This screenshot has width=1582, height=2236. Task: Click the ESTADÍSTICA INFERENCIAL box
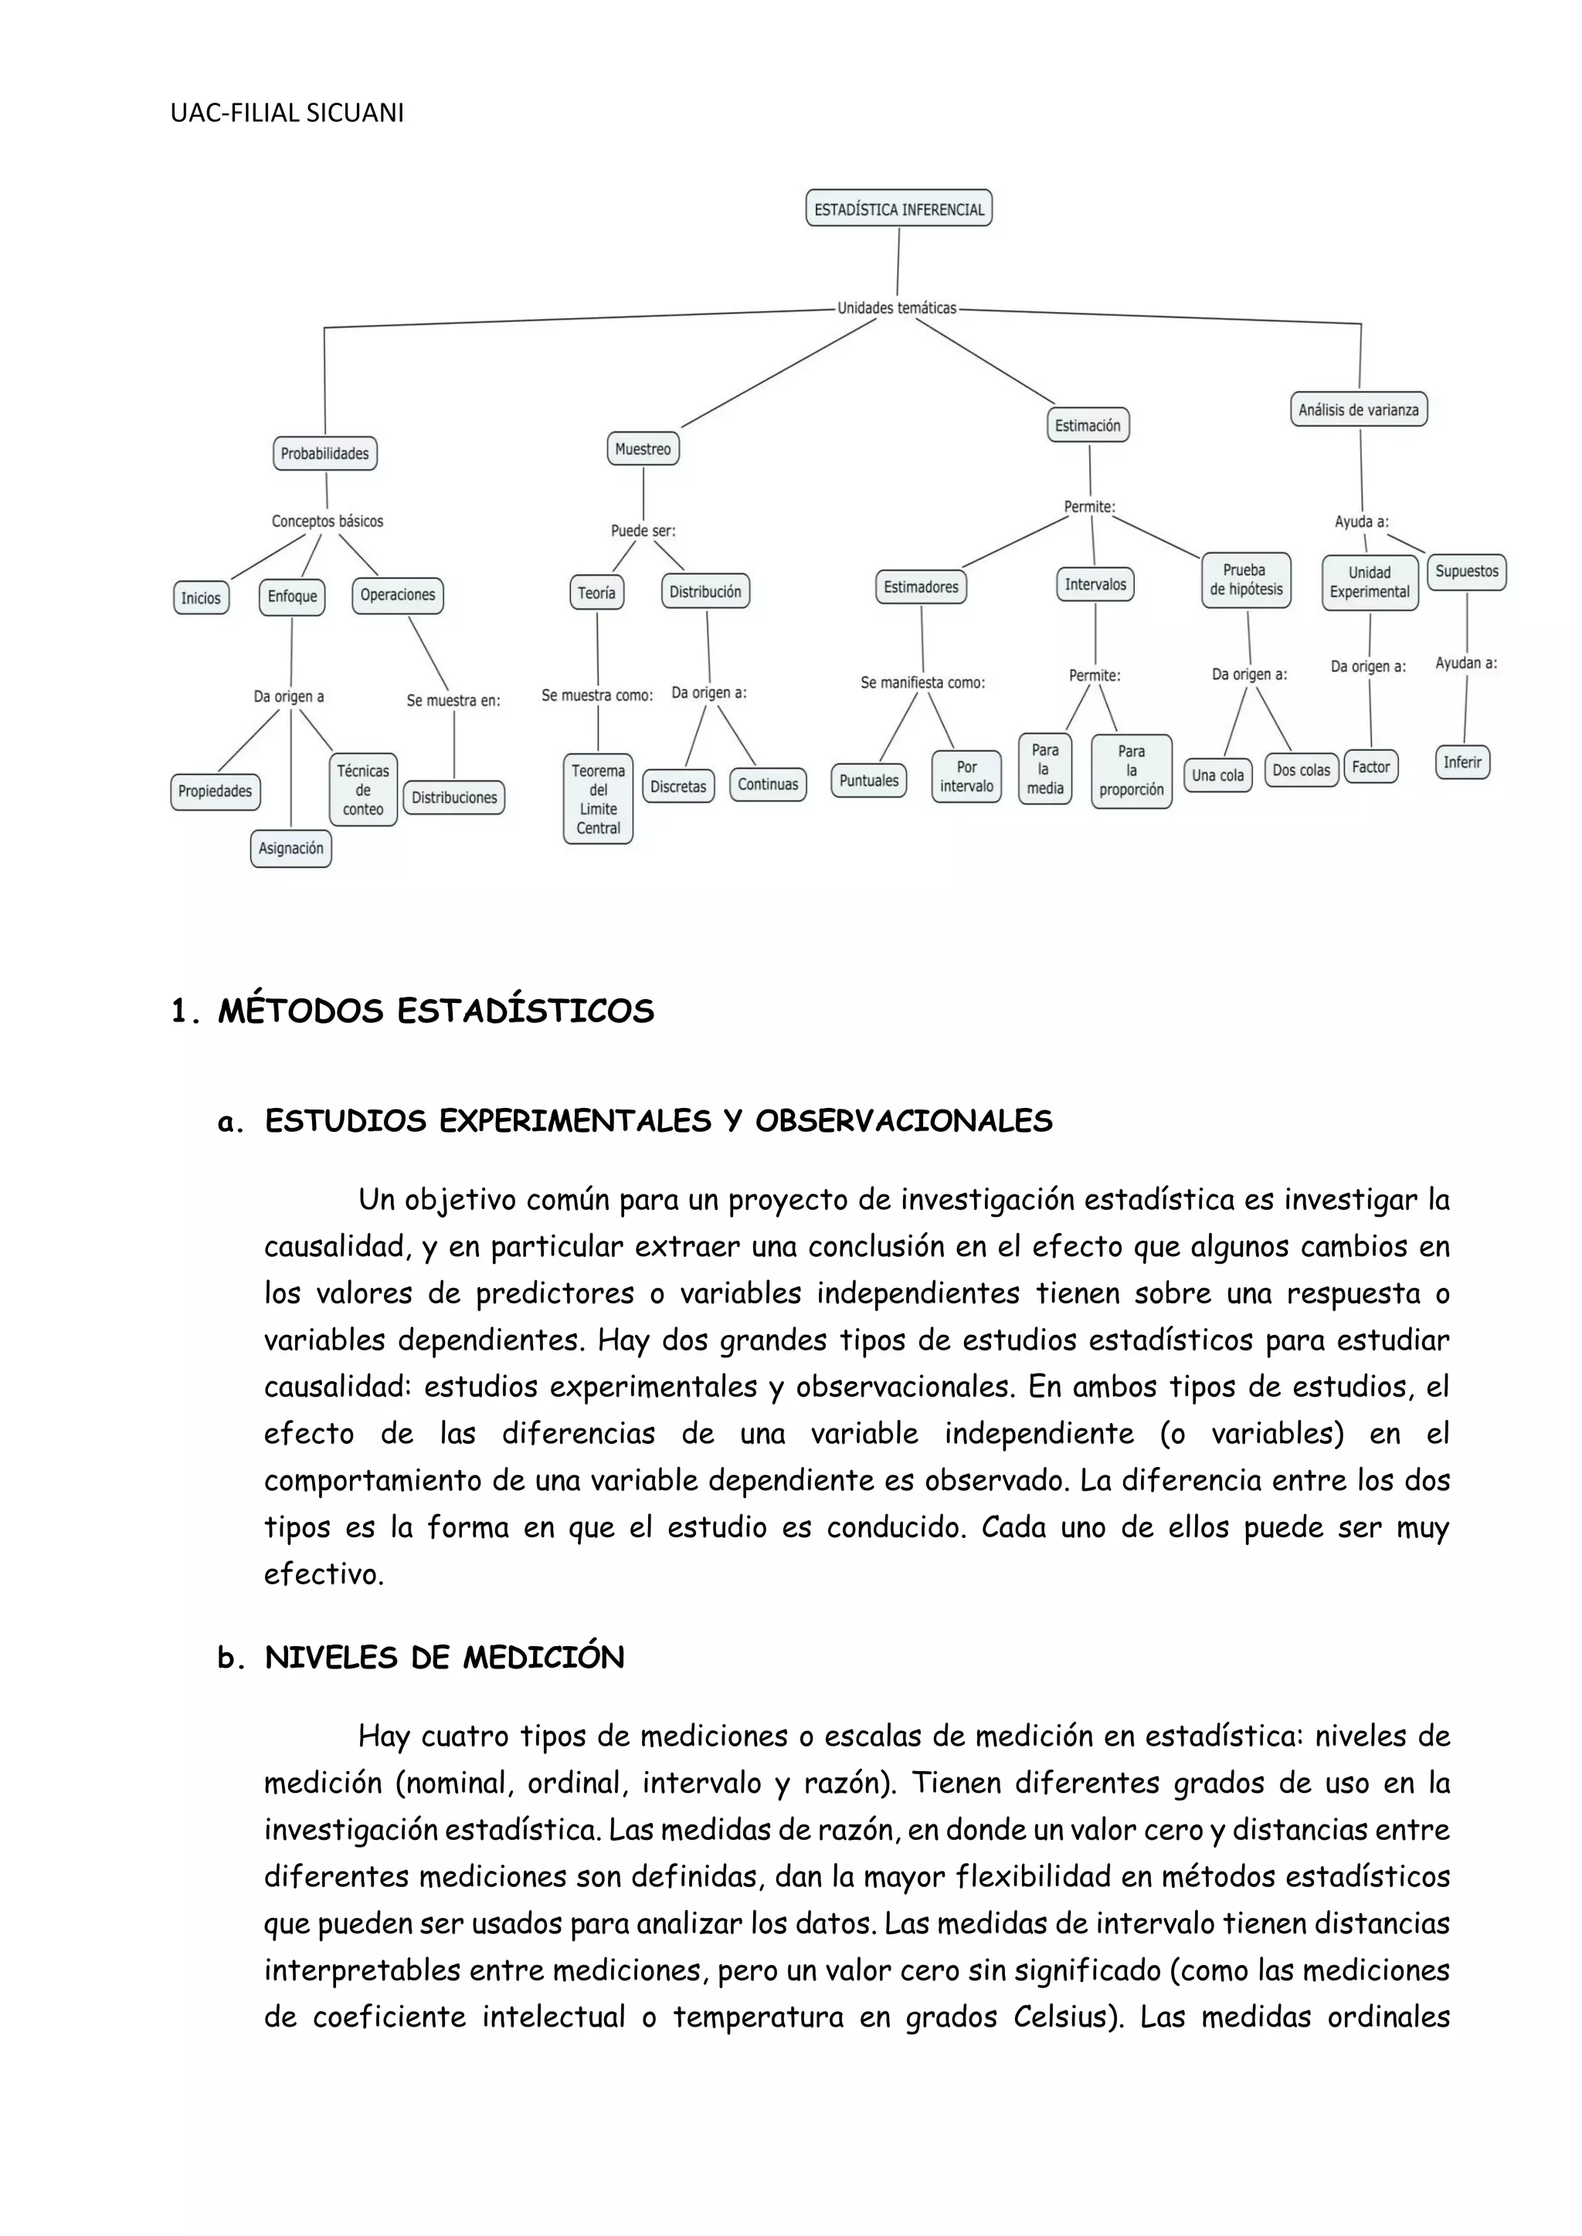[898, 208]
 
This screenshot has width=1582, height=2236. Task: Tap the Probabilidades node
[324, 453]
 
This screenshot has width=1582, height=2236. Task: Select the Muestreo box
[643, 449]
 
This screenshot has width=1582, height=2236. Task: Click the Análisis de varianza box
[1358, 410]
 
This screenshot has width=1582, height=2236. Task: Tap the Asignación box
[290, 849]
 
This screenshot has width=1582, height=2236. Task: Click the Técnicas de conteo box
[362, 790]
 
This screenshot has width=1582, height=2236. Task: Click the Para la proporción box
[1131, 771]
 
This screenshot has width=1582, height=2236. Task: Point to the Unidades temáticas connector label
[896, 308]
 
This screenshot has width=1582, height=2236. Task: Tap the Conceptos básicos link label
[328, 521]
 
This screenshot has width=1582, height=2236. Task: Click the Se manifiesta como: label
[922, 683]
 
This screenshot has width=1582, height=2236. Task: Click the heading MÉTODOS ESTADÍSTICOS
[436, 1011]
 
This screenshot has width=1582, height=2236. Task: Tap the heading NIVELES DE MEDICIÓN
[444, 1658]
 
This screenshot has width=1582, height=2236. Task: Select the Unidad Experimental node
[1369, 582]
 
